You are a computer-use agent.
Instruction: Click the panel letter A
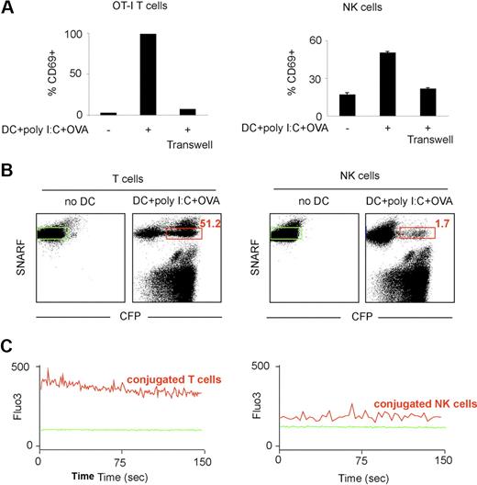[8, 8]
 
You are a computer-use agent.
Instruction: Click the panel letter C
[8, 350]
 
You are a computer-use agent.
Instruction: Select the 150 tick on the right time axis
[444, 458]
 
